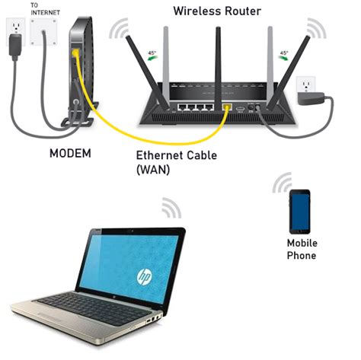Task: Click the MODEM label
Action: coord(70,153)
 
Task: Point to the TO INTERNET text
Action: coord(43,8)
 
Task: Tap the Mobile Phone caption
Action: coord(301,250)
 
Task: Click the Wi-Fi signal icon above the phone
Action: coord(283,183)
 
